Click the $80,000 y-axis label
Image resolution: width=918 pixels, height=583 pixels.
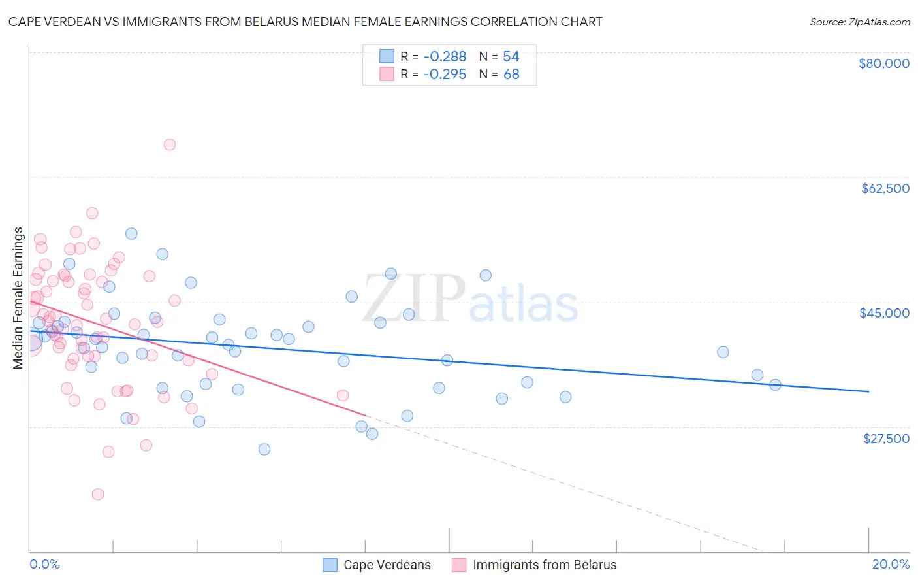pyautogui.click(x=884, y=63)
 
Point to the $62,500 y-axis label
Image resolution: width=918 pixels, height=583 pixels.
pyautogui.click(x=885, y=188)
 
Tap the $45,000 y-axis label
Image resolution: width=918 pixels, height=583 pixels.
pyautogui.click(x=884, y=313)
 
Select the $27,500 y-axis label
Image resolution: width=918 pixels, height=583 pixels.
pyautogui.click(x=886, y=439)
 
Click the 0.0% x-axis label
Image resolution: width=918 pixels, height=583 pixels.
pyautogui.click(x=44, y=564)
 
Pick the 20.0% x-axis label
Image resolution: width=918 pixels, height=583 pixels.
pyautogui.click(x=891, y=564)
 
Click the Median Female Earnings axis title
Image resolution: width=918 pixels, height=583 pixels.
pyautogui.click(x=18, y=298)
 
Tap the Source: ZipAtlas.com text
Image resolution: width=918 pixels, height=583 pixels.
pyautogui.click(x=859, y=22)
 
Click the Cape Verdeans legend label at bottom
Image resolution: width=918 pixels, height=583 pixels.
pyautogui.click(x=387, y=565)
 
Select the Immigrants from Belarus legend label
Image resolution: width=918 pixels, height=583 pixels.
pyautogui.click(x=545, y=565)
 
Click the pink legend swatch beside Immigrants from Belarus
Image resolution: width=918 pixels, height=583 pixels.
pyautogui.click(x=459, y=565)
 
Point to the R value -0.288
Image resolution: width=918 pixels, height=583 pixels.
pyautogui.click(x=444, y=56)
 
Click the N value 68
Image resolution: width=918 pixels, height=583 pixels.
pyautogui.click(x=511, y=75)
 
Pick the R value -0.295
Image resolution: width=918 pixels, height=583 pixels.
pyautogui.click(x=444, y=75)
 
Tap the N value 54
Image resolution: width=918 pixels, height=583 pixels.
pyautogui.click(x=511, y=56)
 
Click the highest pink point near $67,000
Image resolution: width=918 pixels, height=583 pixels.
pyautogui.click(x=170, y=144)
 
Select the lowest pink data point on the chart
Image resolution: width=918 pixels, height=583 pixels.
pyautogui.click(x=98, y=494)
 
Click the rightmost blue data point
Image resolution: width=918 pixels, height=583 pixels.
pyautogui.click(x=775, y=385)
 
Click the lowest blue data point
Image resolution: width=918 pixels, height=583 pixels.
pyautogui.click(x=264, y=449)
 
